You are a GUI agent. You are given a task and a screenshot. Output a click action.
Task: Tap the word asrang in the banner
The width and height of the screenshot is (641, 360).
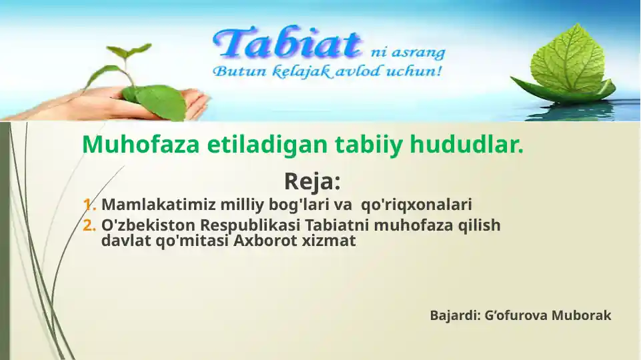pyautogui.click(x=419, y=53)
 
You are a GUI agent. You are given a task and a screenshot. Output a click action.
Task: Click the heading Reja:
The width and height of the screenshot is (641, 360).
pyautogui.click(x=312, y=181)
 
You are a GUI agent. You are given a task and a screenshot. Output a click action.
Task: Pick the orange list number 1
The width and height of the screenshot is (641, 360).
pyautogui.click(x=89, y=204)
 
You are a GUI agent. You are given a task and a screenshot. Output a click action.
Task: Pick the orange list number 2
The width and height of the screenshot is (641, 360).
pyautogui.click(x=89, y=225)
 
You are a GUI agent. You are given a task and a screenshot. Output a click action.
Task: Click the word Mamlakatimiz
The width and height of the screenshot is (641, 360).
pyautogui.click(x=150, y=204)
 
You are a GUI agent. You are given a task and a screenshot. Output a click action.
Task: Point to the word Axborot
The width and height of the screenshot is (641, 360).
pyautogui.click(x=259, y=241)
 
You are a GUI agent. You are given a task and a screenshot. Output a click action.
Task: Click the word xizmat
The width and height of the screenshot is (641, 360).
pyautogui.click(x=332, y=241)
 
